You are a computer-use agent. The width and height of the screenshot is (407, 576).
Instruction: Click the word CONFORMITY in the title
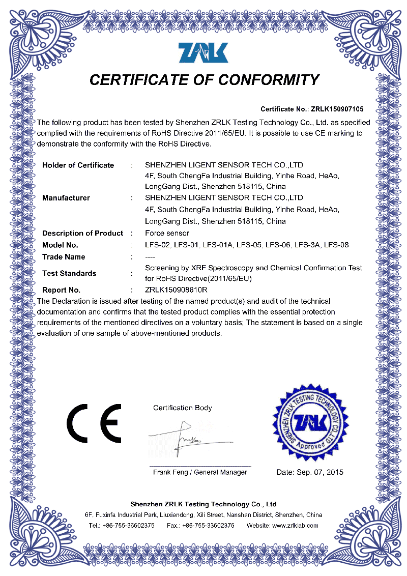(269, 80)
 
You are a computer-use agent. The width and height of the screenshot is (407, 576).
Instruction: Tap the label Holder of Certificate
(78, 165)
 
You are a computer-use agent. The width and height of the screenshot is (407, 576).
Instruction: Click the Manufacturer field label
(66, 197)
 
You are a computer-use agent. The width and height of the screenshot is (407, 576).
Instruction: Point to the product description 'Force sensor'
(167, 233)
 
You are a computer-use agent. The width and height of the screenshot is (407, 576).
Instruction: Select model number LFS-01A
(218, 245)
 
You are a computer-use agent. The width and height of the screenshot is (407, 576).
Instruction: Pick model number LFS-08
(336, 245)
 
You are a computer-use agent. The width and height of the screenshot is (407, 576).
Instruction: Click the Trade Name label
(64, 257)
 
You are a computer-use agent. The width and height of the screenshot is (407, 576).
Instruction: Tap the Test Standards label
(69, 273)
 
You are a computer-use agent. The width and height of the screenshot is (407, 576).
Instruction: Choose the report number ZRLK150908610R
(176, 290)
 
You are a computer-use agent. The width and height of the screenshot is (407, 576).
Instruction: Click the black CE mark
(94, 423)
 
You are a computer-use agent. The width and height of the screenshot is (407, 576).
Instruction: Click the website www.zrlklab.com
(295, 526)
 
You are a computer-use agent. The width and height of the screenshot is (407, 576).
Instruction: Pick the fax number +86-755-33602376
(208, 526)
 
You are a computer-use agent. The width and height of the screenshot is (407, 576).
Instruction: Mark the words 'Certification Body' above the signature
(183, 408)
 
